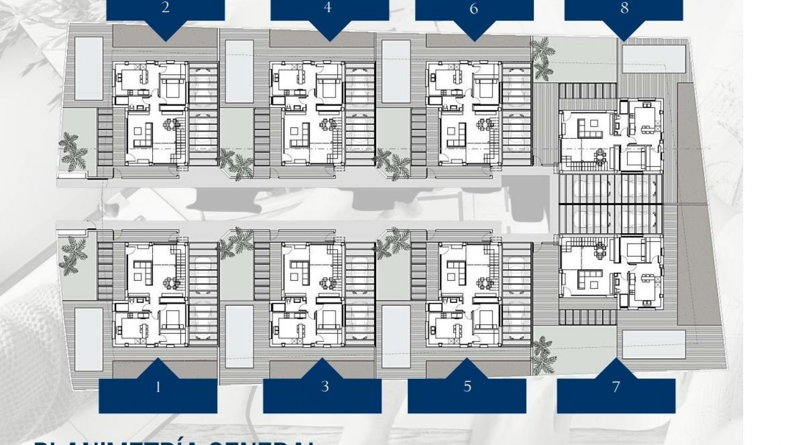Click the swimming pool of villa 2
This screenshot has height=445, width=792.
(x=88, y=68)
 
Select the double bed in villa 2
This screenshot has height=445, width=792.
(x=170, y=87)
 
